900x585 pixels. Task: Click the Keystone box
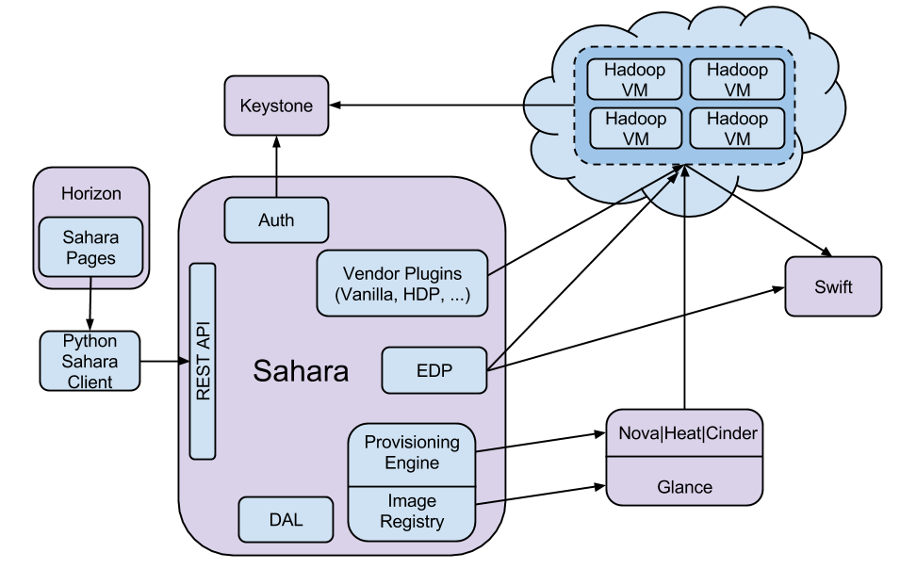coord(276,106)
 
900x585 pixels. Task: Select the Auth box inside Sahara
coord(276,219)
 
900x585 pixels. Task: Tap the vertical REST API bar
coord(203,361)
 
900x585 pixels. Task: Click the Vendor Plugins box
coord(402,283)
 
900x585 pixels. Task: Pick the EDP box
coord(434,370)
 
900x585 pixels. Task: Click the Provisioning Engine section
coord(412,453)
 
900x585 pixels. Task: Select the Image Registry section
coord(412,512)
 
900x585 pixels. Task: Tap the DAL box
coord(286,520)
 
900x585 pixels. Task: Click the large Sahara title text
coord(301,371)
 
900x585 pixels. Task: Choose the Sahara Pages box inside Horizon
coord(90,248)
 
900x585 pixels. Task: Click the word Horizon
coord(91,194)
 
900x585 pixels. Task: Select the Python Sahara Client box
coord(90,361)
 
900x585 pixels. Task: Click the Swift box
coord(833,286)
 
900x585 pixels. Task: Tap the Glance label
coord(684,487)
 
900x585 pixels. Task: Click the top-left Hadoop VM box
coord(635,80)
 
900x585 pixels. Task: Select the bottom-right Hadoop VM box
coord(738,128)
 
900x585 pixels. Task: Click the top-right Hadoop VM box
coord(738,80)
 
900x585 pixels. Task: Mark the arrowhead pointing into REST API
coord(185,361)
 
